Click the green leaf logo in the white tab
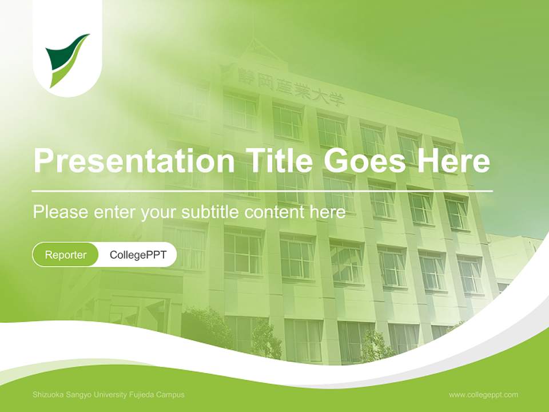pos(67,60)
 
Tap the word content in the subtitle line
pos(274,212)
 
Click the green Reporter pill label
pos(66,255)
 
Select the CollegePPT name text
pos(138,255)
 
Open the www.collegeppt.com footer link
pos(483,395)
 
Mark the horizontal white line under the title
pos(262,191)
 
